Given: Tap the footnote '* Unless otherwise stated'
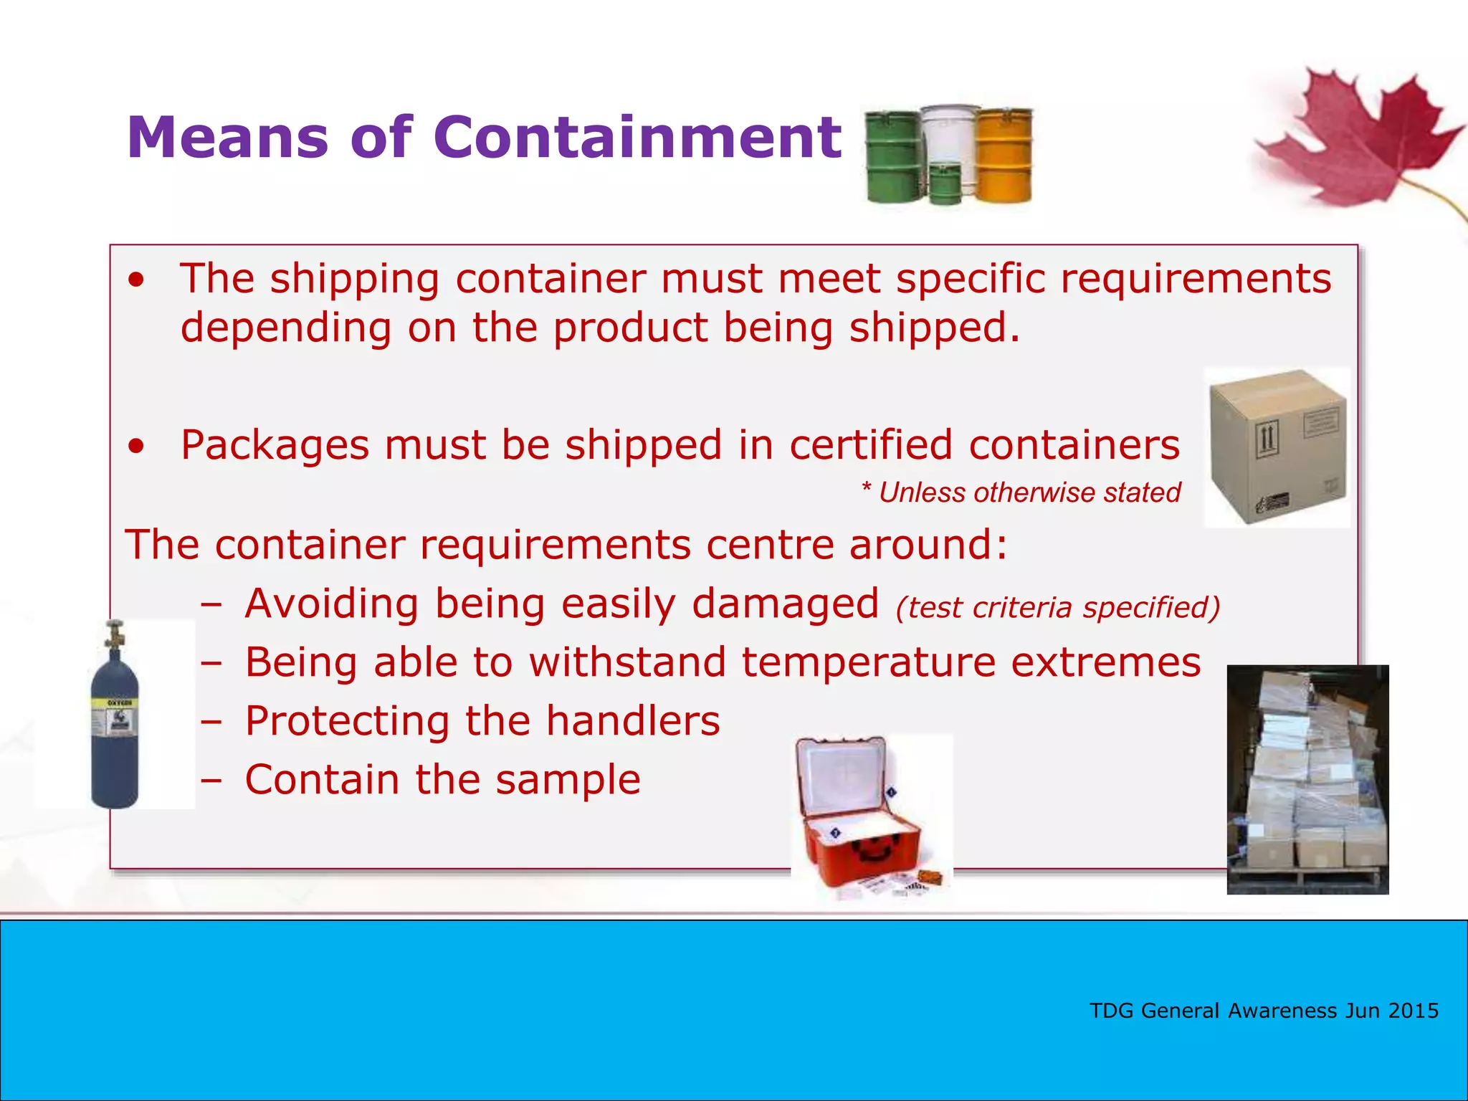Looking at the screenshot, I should tap(1021, 493).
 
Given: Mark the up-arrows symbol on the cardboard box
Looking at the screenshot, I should tap(1267, 438).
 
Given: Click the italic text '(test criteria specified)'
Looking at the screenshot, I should tap(1057, 608).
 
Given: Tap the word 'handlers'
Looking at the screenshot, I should tap(632, 721).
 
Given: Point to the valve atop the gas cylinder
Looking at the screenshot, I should tap(113, 635).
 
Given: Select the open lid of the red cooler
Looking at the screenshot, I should tap(842, 778).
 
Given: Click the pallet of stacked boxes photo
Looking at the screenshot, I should tap(1307, 779).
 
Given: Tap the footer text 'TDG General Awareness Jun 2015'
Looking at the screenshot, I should tap(1264, 1011).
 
